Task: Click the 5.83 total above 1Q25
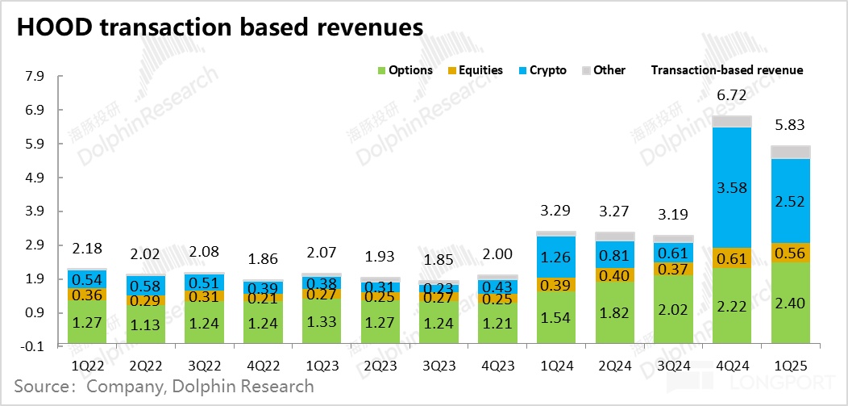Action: tap(792, 125)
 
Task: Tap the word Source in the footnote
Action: tap(40, 387)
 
